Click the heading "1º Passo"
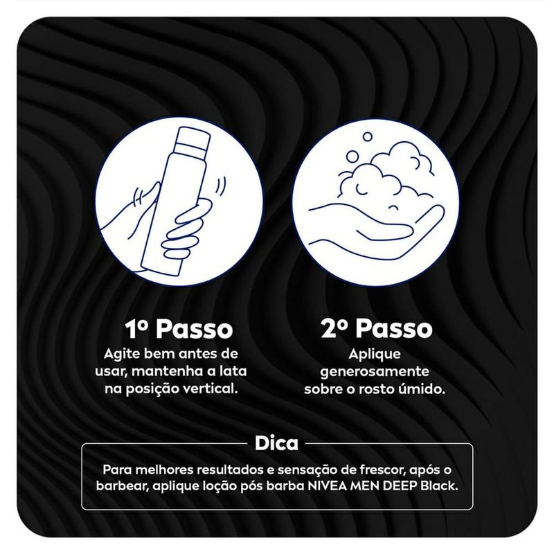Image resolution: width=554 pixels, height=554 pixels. pos(179,329)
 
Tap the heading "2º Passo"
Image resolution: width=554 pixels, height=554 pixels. pos(377,329)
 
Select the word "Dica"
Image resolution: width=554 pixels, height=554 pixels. pos(276,443)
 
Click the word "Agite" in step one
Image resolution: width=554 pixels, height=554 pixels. pos(118,355)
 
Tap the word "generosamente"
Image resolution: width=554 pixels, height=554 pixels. pos(375,372)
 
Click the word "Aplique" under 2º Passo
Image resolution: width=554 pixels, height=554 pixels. pos(375,355)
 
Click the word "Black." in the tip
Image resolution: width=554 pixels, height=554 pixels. pos(439,486)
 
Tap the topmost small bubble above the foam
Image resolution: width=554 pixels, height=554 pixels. pos(368,136)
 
